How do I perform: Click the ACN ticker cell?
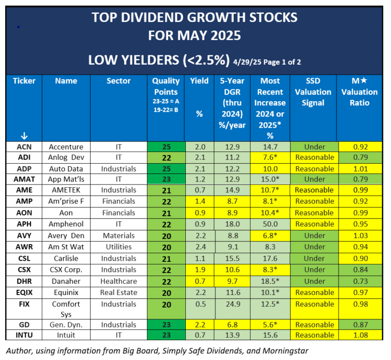point(23,146)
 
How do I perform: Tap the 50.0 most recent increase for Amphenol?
point(270,224)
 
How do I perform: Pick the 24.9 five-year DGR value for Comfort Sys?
point(232,304)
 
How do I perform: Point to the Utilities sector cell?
point(118,247)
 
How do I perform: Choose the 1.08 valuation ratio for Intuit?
point(360,335)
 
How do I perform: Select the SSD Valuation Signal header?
point(313,92)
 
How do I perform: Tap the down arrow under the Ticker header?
point(23,136)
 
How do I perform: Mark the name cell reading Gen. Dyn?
point(66,324)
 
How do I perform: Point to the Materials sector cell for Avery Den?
point(118,235)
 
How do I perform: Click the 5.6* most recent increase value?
point(270,324)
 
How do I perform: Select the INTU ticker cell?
point(23,335)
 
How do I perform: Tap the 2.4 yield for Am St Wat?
point(200,247)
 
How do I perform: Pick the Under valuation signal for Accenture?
point(313,146)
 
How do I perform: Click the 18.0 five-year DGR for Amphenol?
point(232,224)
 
